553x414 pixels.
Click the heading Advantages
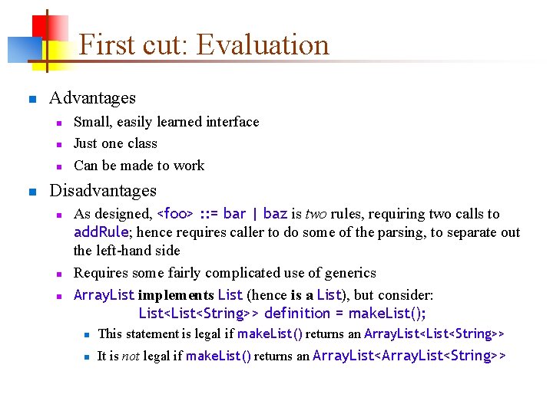(x=92, y=98)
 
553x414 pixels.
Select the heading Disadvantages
(x=102, y=191)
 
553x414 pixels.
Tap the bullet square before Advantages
(x=31, y=99)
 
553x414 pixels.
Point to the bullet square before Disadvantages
(x=31, y=192)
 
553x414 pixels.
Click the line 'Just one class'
(x=115, y=143)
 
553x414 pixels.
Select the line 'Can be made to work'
(x=139, y=166)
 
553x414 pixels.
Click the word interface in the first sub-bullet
(x=230, y=122)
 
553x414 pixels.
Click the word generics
(x=347, y=273)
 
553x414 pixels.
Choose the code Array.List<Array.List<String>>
(x=409, y=356)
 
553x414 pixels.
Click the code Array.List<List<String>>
(x=434, y=333)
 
